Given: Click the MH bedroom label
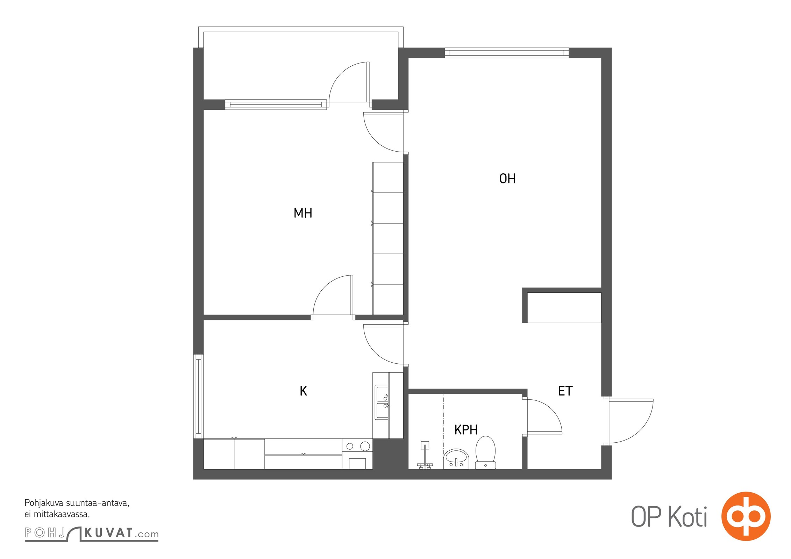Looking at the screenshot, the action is click(303, 213).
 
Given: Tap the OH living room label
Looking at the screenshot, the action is click(507, 179).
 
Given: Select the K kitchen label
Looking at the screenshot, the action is click(303, 391).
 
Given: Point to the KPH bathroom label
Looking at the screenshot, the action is click(466, 429).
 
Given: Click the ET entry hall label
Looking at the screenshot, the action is click(565, 391).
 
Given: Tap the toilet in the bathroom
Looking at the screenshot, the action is click(485, 452).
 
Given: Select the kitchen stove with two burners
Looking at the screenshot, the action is click(357, 454).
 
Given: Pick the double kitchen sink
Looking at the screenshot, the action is click(382, 402).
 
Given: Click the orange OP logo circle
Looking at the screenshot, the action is click(746, 516).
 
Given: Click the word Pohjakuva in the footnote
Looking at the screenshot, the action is click(44, 503).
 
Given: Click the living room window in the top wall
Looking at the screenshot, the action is click(507, 53).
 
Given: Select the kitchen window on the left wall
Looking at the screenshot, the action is click(198, 396).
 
